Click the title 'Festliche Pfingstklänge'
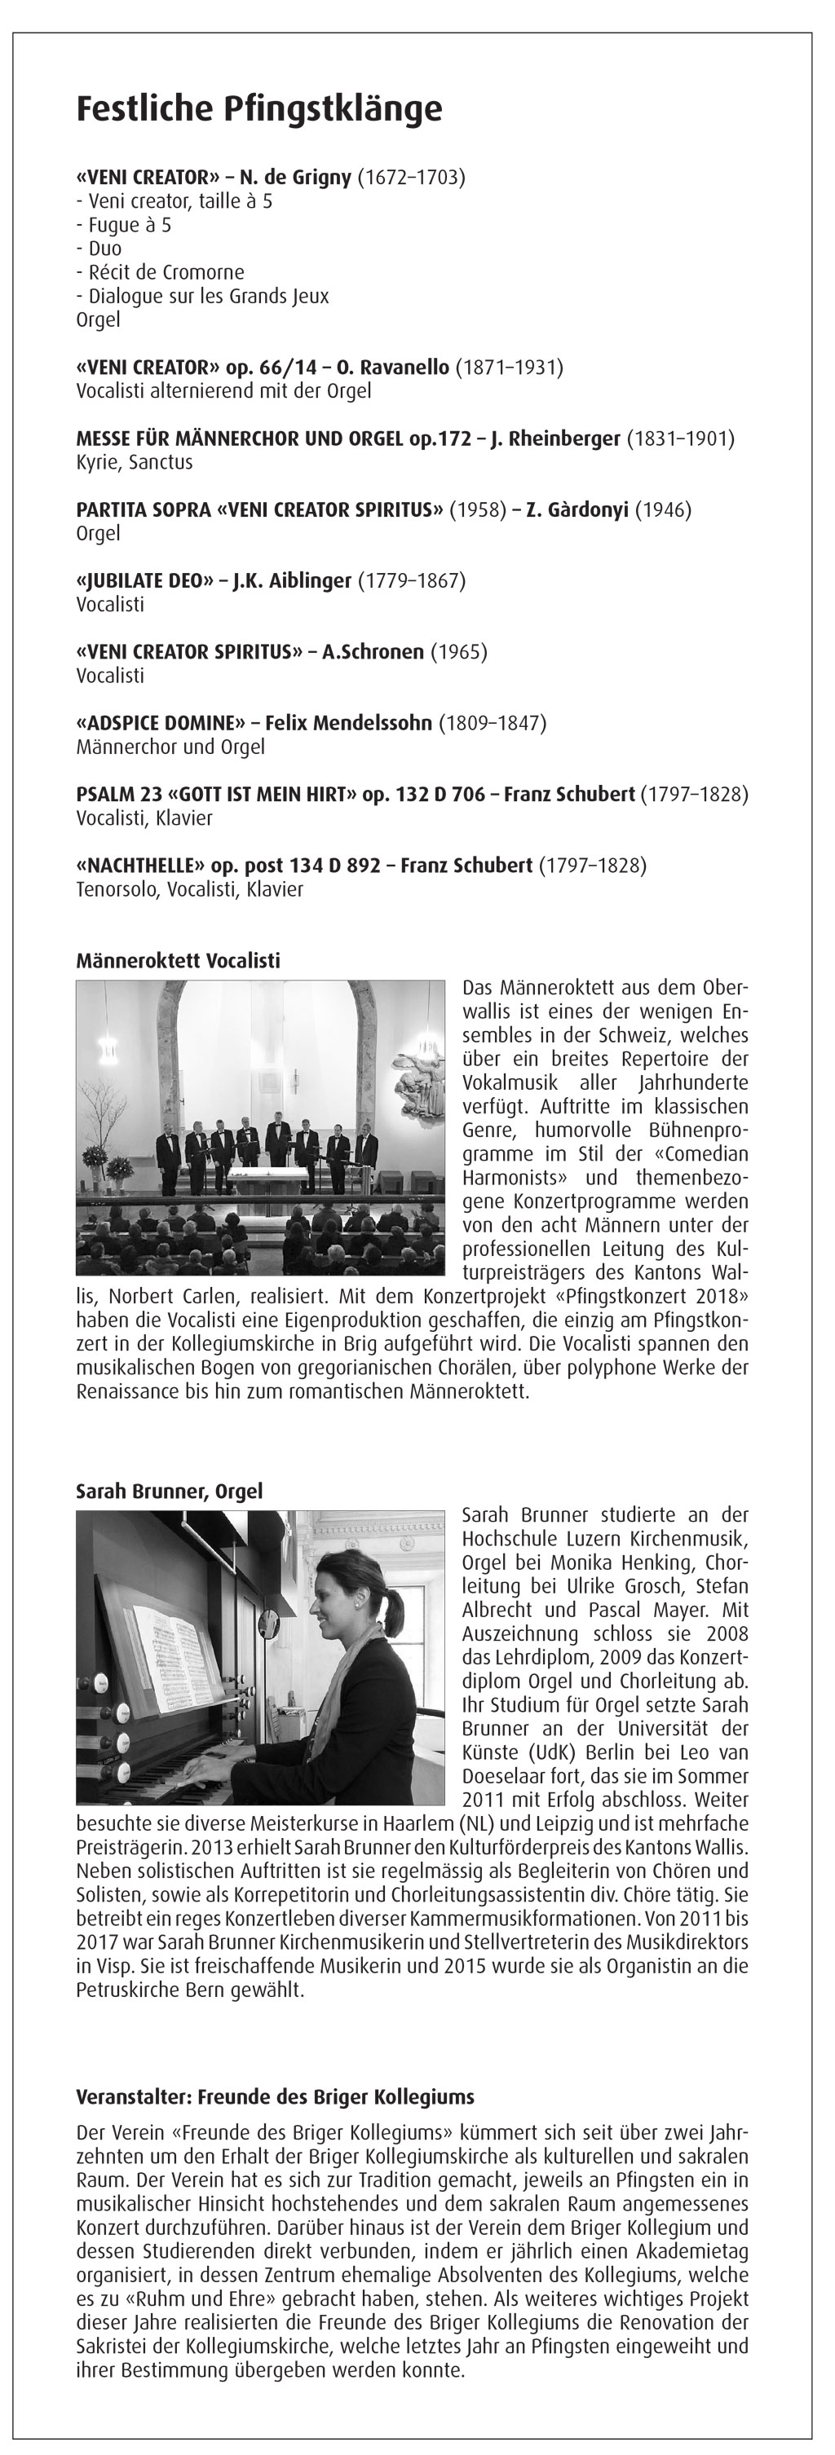tap(258, 108)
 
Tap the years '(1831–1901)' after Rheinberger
tap(679, 439)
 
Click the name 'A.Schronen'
tap(373, 652)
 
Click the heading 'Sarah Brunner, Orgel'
tap(169, 1491)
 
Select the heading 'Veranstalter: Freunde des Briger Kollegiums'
tap(275, 2096)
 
